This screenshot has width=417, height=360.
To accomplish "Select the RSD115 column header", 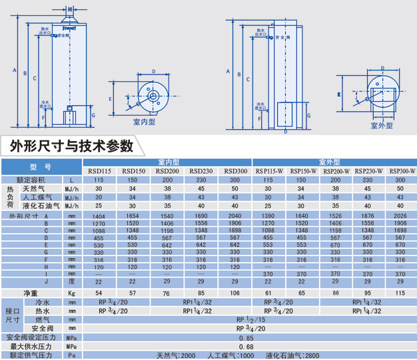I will [99, 171].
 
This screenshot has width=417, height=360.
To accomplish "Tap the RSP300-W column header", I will [400, 171].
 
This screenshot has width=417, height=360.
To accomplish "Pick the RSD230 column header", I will [201, 171].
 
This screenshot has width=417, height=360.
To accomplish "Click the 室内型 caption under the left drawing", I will [143, 122].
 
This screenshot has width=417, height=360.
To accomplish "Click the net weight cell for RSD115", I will [99, 293].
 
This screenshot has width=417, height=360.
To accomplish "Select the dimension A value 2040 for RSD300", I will [234, 217].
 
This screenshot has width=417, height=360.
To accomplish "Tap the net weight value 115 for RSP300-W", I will [400, 293].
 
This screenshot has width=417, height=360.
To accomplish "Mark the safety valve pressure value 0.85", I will [245, 337].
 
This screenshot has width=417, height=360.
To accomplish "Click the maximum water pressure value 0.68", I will [245, 347].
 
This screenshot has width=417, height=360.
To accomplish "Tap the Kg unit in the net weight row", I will [71, 293].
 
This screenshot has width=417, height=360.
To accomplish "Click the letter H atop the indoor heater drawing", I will [71, 9].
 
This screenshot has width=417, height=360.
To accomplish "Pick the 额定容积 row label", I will [31, 180].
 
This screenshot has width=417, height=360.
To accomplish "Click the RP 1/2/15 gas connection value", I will [245, 319].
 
